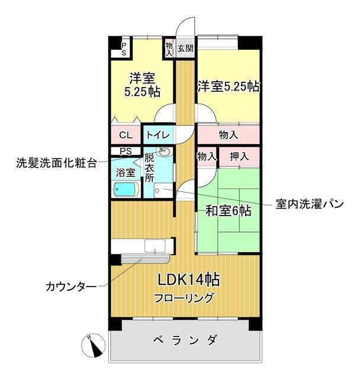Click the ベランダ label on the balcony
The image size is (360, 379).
pos(184,341)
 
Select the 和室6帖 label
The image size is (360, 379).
pos(229,210)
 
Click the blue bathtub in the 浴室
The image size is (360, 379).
pos(126,189)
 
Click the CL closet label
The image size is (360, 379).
pos(126,135)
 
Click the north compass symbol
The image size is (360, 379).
pos(92,345)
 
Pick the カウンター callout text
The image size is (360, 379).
pos(71,288)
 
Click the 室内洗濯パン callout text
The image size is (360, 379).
pos(309,204)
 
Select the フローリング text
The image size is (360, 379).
pos(184,298)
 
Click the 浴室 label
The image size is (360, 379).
pos(126,172)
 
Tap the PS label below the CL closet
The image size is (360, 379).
pos(126,151)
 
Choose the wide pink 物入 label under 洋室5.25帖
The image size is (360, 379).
pos(228,135)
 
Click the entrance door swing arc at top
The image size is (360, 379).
pos(185,27)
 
